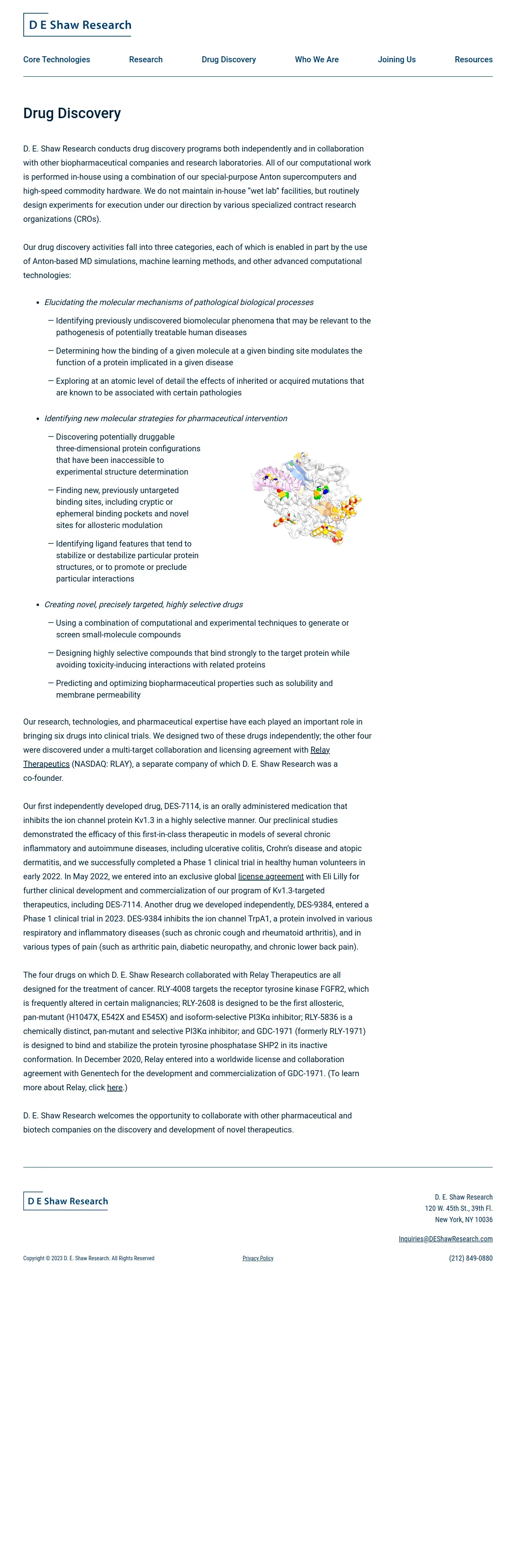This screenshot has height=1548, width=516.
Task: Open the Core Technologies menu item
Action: [57, 59]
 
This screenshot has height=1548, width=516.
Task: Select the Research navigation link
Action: [145, 59]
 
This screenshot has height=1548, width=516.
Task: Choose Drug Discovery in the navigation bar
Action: [228, 59]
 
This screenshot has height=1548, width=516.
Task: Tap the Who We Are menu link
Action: [317, 59]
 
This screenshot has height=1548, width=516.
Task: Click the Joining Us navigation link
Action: [397, 59]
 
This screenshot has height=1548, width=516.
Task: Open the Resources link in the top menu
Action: [473, 59]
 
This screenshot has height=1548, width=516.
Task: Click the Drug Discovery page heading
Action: [72, 114]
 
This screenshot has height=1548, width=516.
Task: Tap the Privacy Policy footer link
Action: [258, 1258]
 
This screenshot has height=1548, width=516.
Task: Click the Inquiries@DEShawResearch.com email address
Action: [445, 1239]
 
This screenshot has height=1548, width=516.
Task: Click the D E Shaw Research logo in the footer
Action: [66, 1201]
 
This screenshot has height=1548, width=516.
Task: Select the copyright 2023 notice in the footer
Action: [89, 1258]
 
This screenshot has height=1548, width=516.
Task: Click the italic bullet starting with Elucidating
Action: [178, 302]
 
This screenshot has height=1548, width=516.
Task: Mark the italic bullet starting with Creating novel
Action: [143, 604]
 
